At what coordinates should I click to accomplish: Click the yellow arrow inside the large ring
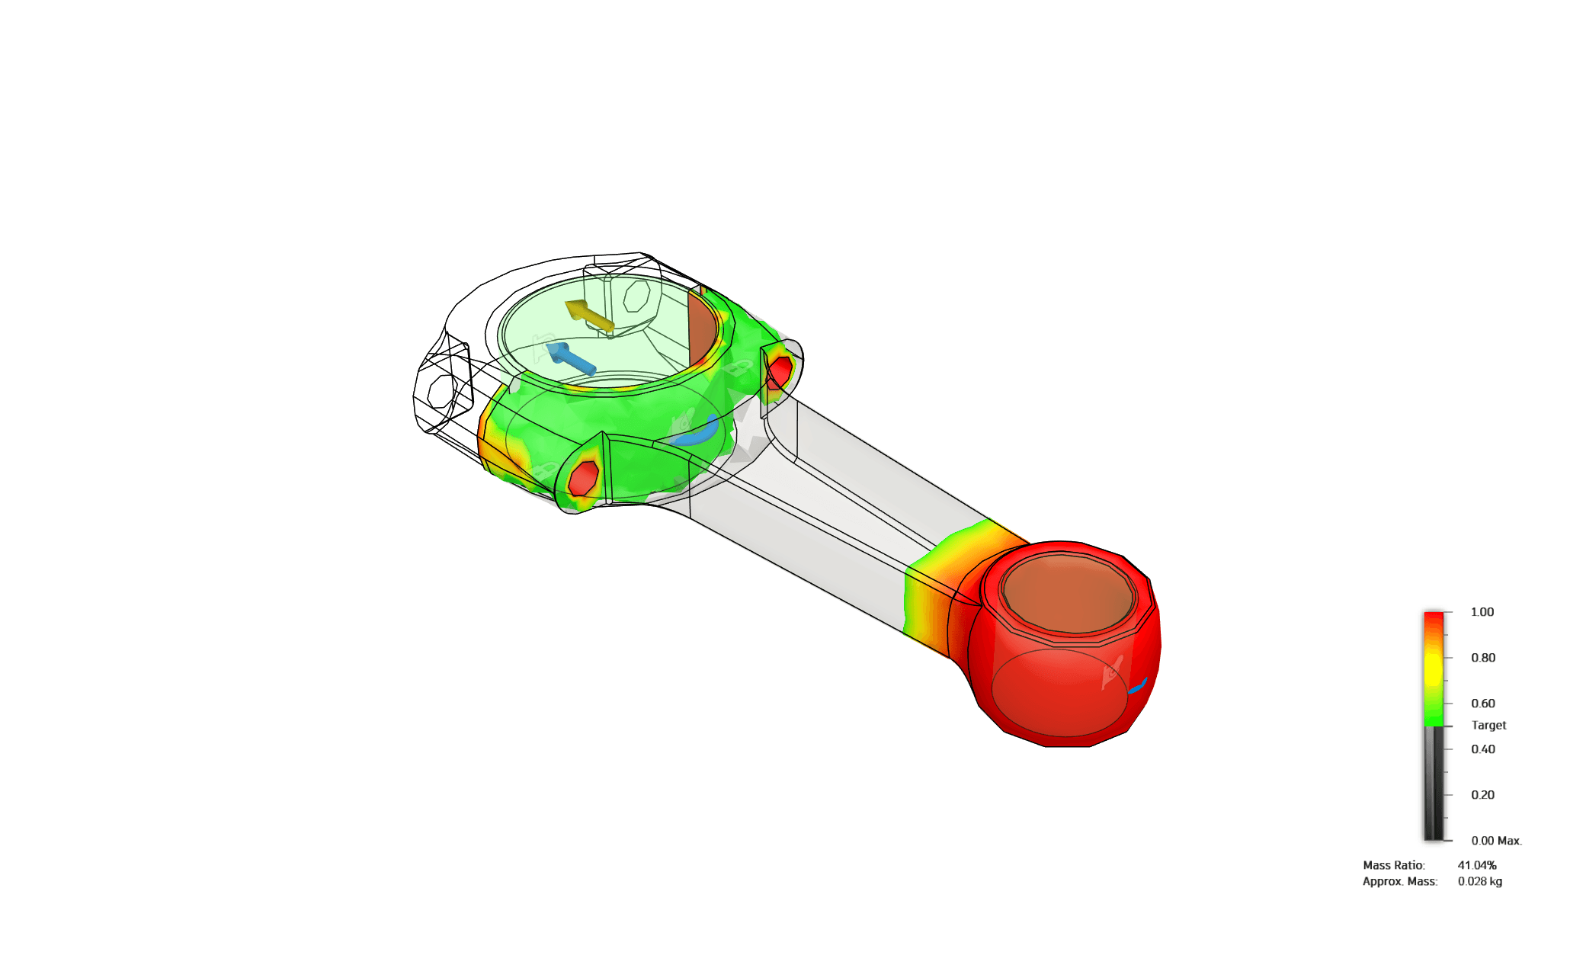click(588, 316)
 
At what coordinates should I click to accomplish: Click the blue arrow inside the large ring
click(570, 358)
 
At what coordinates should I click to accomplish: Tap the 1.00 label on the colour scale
click(1482, 612)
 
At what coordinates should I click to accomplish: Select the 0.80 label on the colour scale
click(1483, 658)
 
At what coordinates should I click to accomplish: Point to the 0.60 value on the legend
click(1483, 704)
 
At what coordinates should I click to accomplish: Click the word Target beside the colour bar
click(1488, 726)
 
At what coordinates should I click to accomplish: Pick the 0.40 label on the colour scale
click(1483, 749)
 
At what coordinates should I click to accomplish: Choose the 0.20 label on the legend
click(1483, 795)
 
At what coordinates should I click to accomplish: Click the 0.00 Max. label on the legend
click(1496, 841)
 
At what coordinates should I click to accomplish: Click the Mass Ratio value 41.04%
click(1477, 865)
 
